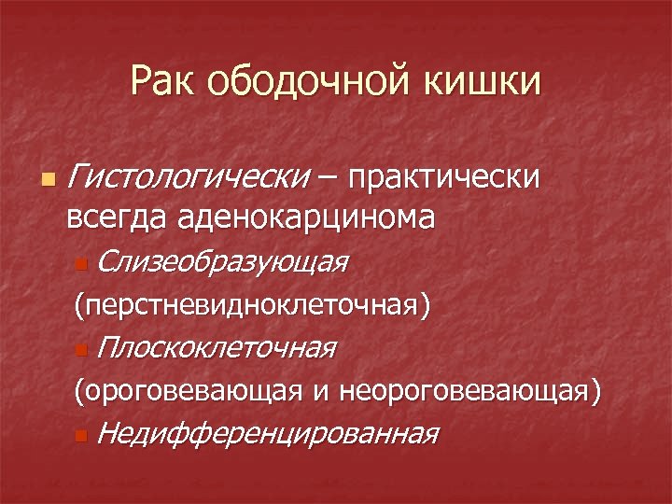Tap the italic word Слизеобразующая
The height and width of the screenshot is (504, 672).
221,263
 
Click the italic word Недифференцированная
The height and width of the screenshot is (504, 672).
267,434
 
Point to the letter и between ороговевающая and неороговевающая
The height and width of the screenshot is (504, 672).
320,393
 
